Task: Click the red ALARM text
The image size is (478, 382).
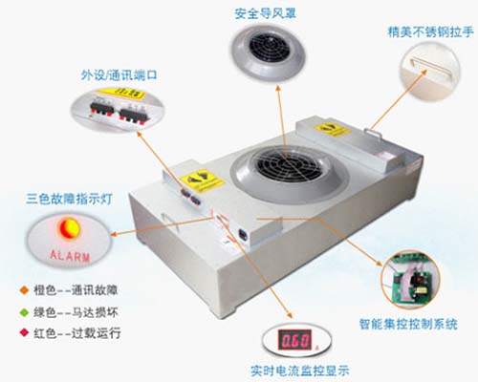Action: (68, 255)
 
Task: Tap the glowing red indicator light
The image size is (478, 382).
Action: (68, 228)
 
